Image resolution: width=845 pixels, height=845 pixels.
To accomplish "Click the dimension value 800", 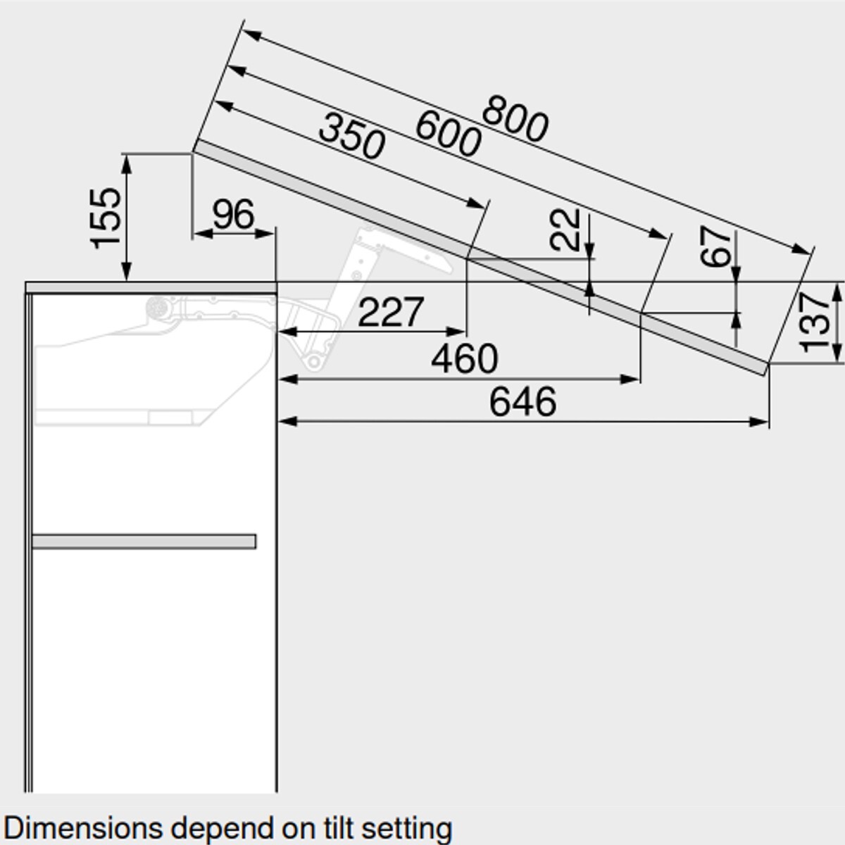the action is (515, 119).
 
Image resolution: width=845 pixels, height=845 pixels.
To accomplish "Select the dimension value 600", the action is (448, 133).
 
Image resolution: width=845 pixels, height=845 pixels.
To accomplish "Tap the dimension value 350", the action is (351, 136).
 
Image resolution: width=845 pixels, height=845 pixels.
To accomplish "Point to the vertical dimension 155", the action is (105, 218).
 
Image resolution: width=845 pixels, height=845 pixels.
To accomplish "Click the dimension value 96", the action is (233, 214).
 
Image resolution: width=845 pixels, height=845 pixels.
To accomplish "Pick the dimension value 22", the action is (565, 230).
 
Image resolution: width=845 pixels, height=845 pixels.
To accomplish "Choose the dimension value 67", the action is (715, 246).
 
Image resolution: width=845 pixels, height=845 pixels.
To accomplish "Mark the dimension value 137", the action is (815, 323).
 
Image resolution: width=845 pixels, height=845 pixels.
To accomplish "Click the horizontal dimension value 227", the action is (391, 312).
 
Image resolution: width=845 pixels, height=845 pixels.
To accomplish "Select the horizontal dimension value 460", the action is (464, 358).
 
